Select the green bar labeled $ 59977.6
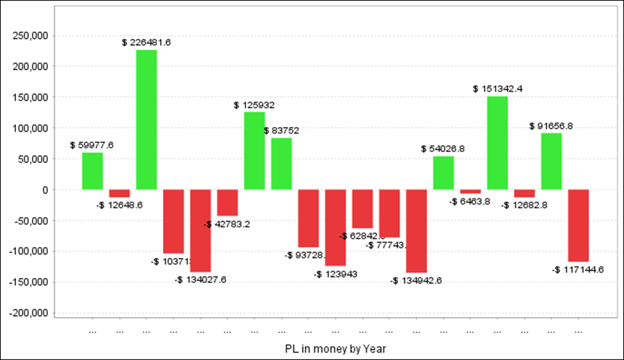click(92, 171)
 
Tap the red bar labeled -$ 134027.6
click(200, 230)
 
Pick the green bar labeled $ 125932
click(254, 151)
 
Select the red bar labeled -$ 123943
click(336, 228)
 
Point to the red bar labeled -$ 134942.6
click(417, 231)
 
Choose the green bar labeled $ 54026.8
click(444, 173)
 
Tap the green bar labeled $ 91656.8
click(551, 161)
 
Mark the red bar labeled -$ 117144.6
click(578, 225)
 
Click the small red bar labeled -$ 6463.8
click(471, 191)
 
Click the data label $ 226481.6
click(146, 42)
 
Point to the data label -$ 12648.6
click(119, 205)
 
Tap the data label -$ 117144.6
click(578, 269)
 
